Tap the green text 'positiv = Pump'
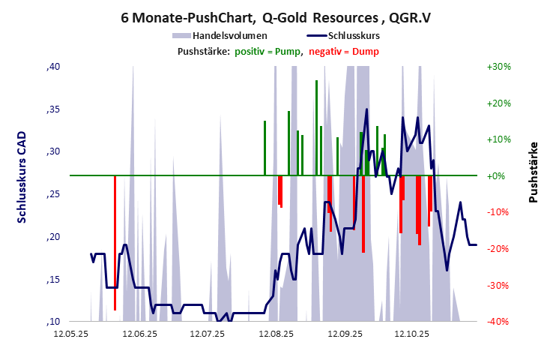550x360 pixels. pyautogui.click(x=268, y=51)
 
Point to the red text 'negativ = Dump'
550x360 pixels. pyautogui.click(x=344, y=51)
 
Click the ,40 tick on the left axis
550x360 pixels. pyautogui.click(x=53, y=67)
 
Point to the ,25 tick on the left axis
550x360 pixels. pyautogui.click(x=53, y=194)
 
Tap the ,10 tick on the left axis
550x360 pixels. pyautogui.click(x=53, y=322)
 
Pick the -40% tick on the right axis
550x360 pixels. pyautogui.click(x=498, y=322)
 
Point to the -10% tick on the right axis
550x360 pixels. pyautogui.click(x=498, y=212)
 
